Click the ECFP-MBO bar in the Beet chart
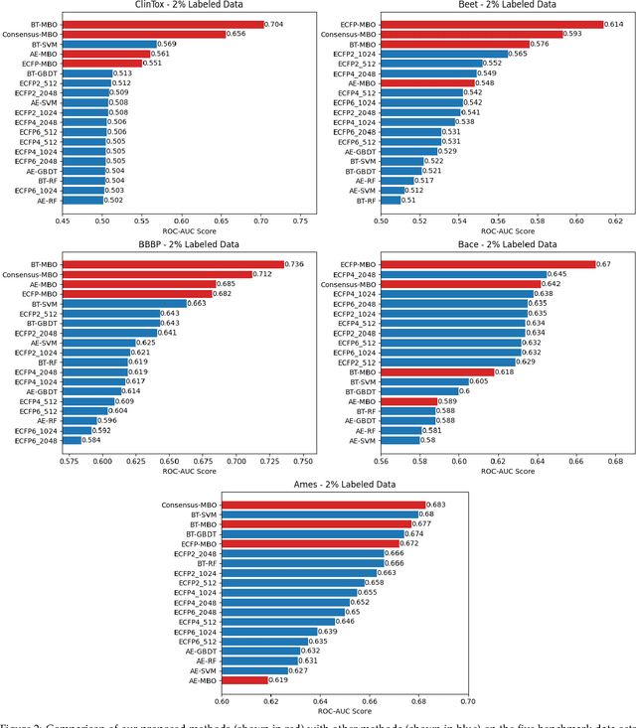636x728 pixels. click(x=493, y=24)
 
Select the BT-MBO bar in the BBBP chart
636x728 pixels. click(x=169, y=264)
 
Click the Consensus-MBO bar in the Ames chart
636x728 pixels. click(x=323, y=505)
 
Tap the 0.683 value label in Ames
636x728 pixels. click(x=437, y=505)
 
